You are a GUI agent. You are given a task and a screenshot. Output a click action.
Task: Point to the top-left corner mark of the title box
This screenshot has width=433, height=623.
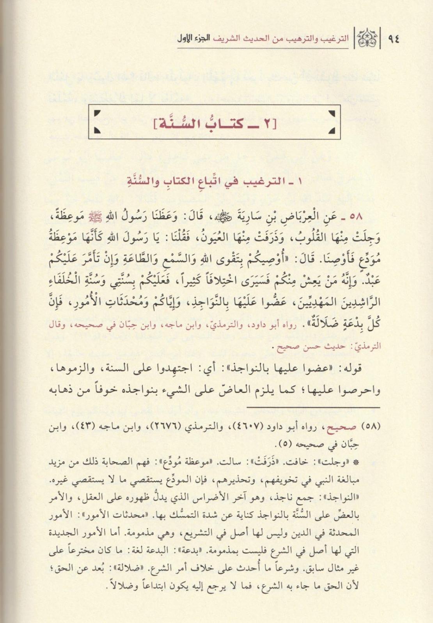pos(98,113)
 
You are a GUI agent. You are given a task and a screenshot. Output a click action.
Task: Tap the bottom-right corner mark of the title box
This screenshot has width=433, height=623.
pos(331,131)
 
